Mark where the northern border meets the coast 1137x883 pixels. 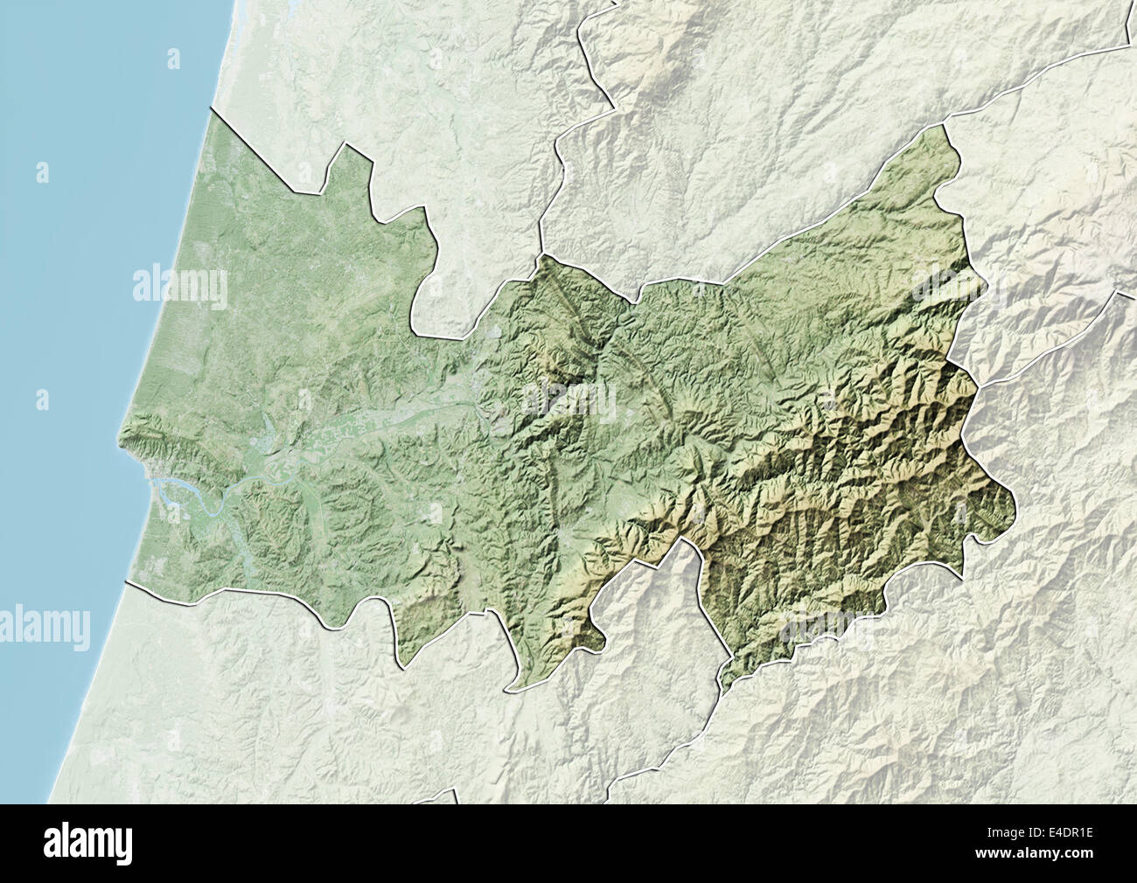tap(210, 112)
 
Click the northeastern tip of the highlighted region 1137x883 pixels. tap(945, 127)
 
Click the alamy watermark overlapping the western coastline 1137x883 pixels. tap(179, 285)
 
